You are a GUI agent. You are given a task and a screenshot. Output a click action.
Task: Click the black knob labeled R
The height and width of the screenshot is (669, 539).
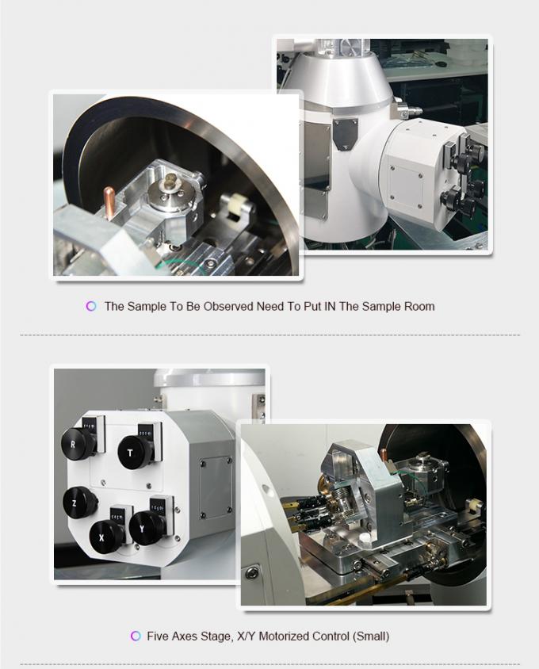tap(78, 442)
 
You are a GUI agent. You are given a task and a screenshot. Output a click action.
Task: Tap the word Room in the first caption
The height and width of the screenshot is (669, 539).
tap(419, 306)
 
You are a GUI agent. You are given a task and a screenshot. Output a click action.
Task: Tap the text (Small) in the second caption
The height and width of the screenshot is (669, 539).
tap(371, 636)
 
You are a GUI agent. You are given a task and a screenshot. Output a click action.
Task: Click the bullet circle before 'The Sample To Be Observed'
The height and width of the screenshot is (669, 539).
tap(91, 306)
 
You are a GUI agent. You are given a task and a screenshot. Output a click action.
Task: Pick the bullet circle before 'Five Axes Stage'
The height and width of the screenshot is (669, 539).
tap(134, 636)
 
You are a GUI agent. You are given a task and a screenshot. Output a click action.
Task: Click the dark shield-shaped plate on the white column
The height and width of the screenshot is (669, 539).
tap(346, 134)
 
